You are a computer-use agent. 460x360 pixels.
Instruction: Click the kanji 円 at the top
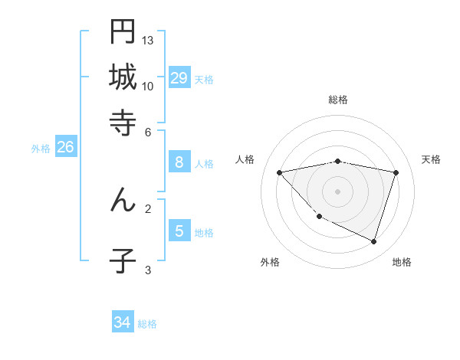[123, 32]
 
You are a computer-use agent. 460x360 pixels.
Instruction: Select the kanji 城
[123, 77]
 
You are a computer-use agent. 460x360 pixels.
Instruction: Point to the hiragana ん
[123, 200]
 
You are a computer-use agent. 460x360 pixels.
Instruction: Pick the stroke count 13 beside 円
[148, 40]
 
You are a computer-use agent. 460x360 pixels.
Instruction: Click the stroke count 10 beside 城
[148, 86]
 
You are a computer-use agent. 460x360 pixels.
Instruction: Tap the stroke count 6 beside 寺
[148, 132]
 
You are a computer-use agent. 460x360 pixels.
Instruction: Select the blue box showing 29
[179, 77]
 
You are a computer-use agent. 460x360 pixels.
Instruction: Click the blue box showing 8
[179, 162]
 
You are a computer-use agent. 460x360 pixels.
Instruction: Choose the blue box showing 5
[179, 231]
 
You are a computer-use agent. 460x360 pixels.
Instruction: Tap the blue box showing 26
[65, 147]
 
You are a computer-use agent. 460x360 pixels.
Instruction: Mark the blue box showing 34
[123, 322]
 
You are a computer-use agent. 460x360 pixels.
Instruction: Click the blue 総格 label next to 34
[147, 324]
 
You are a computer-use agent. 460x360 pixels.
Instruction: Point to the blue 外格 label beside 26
[40, 149]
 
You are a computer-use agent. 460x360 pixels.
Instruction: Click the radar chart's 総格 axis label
[338, 100]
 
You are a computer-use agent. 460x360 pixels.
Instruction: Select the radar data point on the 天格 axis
[396, 172]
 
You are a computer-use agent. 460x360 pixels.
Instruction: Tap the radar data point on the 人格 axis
[279, 172]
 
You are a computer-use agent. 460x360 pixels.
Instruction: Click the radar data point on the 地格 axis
[374, 241]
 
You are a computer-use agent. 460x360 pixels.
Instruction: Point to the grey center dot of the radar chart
[338, 191]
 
